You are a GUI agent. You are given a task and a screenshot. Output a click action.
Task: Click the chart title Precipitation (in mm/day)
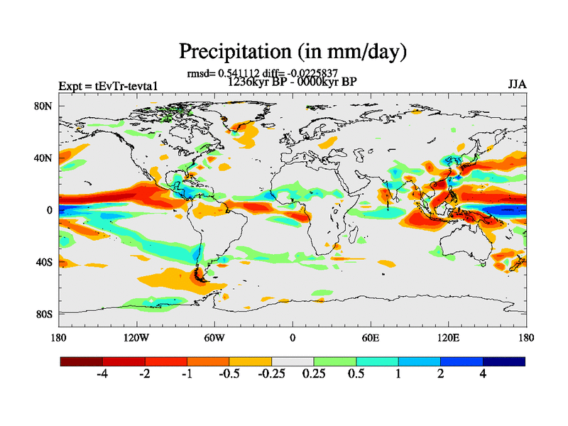click(x=292, y=52)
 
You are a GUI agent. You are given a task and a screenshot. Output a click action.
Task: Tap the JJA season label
click(x=517, y=85)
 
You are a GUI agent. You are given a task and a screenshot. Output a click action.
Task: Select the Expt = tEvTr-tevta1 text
click(x=107, y=86)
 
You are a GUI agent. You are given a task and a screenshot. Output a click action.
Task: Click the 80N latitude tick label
click(x=44, y=106)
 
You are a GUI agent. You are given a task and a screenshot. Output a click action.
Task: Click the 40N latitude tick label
click(x=44, y=158)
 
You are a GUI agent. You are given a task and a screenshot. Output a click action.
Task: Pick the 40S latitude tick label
click(x=44, y=262)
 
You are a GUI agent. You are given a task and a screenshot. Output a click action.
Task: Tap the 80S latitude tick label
click(x=44, y=314)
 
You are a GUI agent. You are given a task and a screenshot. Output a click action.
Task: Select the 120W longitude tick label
click(x=136, y=337)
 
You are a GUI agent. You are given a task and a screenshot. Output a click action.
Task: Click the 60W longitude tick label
click(x=214, y=337)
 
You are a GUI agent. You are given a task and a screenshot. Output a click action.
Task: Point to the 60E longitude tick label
click(x=370, y=337)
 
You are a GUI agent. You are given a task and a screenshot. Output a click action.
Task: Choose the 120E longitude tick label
click(x=448, y=337)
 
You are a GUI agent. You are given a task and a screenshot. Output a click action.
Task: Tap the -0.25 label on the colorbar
click(x=271, y=374)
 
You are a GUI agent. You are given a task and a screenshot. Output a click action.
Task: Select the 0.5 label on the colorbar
click(x=356, y=374)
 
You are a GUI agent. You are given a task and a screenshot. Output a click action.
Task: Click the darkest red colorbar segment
click(x=82, y=361)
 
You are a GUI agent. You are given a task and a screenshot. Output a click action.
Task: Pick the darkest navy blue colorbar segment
click(x=504, y=361)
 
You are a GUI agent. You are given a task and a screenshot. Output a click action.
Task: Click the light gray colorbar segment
click(x=293, y=361)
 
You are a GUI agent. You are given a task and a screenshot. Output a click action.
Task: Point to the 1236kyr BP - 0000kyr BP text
click(x=291, y=82)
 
